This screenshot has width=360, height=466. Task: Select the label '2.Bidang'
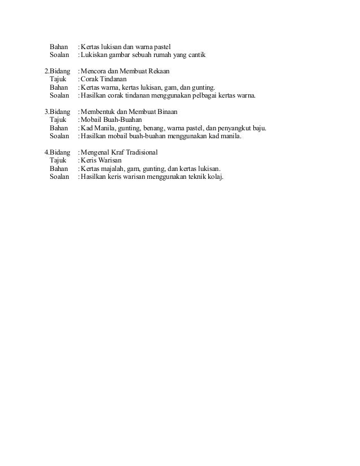(x=58, y=72)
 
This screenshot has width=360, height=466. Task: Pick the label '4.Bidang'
(x=58, y=152)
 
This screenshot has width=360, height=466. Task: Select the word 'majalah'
(x=113, y=169)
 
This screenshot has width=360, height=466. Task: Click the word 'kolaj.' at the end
(x=215, y=177)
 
